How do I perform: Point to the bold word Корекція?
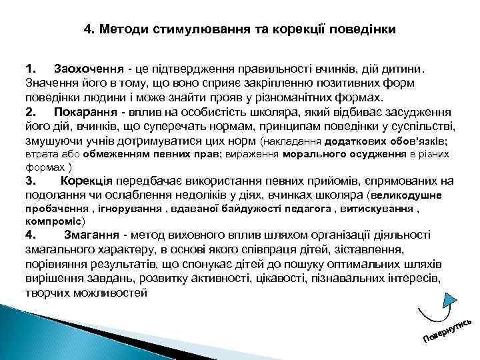pyautogui.click(x=87, y=181)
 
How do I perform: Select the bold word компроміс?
pyautogui.click(x=53, y=220)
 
